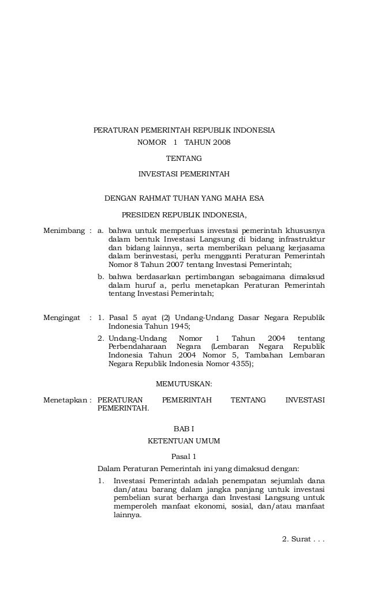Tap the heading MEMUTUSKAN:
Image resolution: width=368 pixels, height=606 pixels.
tap(184, 383)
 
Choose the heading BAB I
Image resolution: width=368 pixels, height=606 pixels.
tap(184, 429)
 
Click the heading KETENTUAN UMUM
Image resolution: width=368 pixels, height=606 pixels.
tap(184, 441)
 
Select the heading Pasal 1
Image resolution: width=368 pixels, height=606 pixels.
tap(184, 457)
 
